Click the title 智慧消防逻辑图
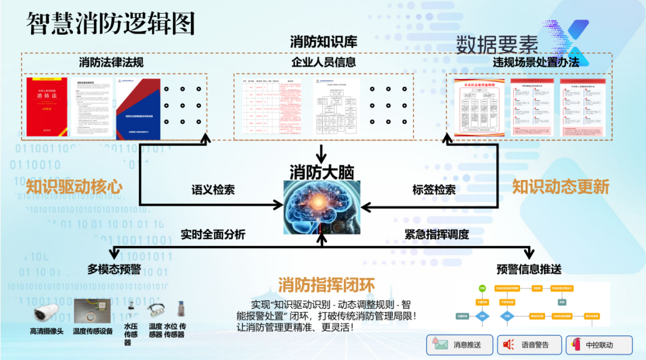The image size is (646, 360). pos(111,23)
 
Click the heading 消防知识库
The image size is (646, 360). pos(324,42)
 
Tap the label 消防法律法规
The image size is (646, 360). pos(111,62)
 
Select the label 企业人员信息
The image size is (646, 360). pos(324,62)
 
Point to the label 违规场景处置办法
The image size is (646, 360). pos(536,62)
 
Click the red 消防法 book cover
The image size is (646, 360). pos(48,106)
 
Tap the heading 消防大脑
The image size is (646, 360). pos(322,172)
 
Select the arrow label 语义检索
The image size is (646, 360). pos(213,190)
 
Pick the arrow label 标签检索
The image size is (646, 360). pos(434,190)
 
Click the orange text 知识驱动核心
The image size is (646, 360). pos(74,187)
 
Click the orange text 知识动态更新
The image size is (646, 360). pos(560,187)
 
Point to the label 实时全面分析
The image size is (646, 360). pos(213,235)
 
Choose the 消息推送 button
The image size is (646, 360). pos(459,344)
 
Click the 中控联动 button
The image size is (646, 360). pos(599,344)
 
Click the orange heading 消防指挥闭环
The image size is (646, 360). pos(326,285)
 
